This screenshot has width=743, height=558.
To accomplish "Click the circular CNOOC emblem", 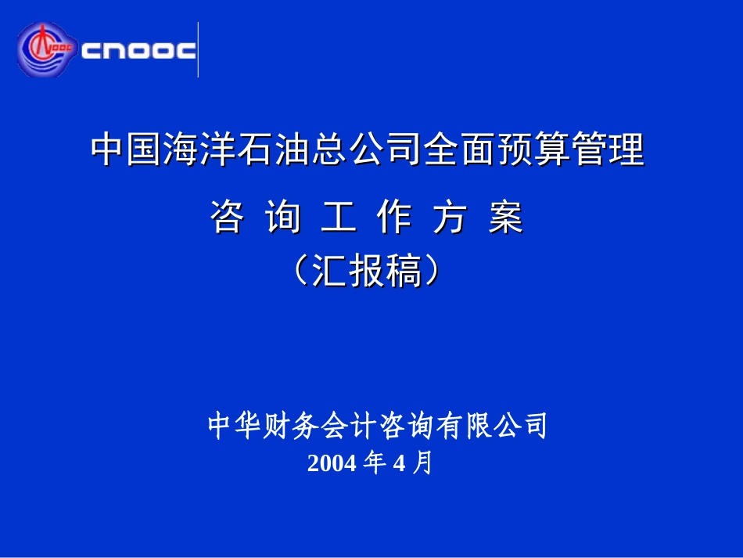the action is (46, 49).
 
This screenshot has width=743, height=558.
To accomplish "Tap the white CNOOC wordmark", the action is (138, 50).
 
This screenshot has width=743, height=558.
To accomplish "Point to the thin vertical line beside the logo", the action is (198, 49).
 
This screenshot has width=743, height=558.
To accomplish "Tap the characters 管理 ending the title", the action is (608, 149).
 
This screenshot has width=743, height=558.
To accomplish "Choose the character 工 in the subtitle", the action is (339, 217).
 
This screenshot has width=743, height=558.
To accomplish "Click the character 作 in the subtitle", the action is (393, 217).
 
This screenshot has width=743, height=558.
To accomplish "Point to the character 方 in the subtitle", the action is (450, 217).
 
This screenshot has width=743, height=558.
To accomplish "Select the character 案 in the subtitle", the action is (506, 217).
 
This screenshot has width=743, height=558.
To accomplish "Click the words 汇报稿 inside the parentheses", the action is (367, 271).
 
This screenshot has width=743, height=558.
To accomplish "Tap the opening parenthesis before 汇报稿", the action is (300, 271).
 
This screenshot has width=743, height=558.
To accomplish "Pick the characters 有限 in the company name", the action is (464, 425).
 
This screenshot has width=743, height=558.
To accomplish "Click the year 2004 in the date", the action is (332, 463).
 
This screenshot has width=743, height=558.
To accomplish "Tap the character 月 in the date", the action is (422, 463).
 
